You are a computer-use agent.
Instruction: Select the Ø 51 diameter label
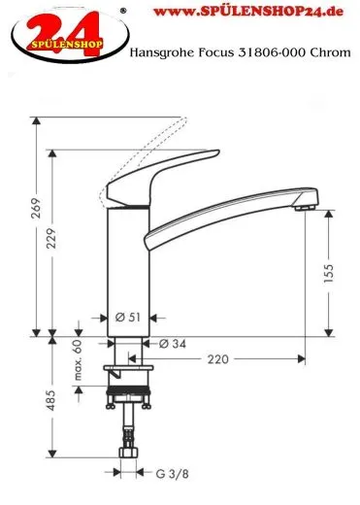(126, 318)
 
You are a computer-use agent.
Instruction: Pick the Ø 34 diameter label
(171, 344)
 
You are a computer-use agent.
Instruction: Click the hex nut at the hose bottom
(127, 453)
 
